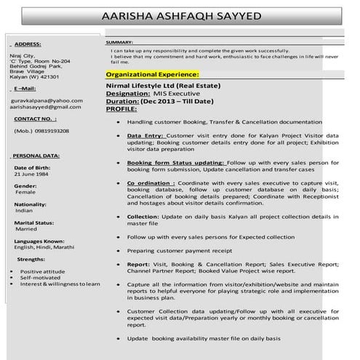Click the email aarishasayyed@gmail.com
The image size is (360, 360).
45,106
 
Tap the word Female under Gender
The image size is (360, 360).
25,192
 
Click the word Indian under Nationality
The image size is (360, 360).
24,210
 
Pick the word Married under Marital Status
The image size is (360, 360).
26,228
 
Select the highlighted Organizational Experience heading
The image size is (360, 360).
151,74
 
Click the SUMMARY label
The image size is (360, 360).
119,43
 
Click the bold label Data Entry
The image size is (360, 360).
145,135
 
